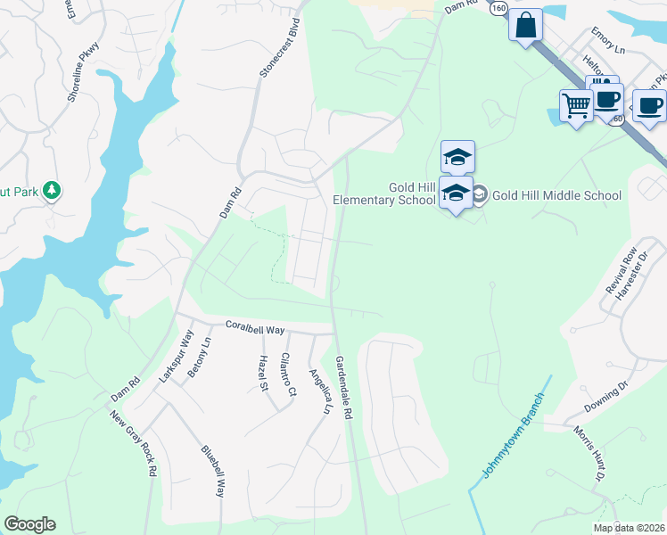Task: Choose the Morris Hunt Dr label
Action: (x=585, y=455)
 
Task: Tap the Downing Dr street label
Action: (x=606, y=395)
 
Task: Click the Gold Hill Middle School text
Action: (x=557, y=194)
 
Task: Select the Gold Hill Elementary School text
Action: (x=384, y=193)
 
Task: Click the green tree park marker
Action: (x=53, y=190)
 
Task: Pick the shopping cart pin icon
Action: (x=576, y=105)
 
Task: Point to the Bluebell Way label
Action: (x=213, y=469)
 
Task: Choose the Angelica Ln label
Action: (x=319, y=392)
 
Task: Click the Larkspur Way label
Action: (x=177, y=357)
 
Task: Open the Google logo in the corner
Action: (x=29, y=524)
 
